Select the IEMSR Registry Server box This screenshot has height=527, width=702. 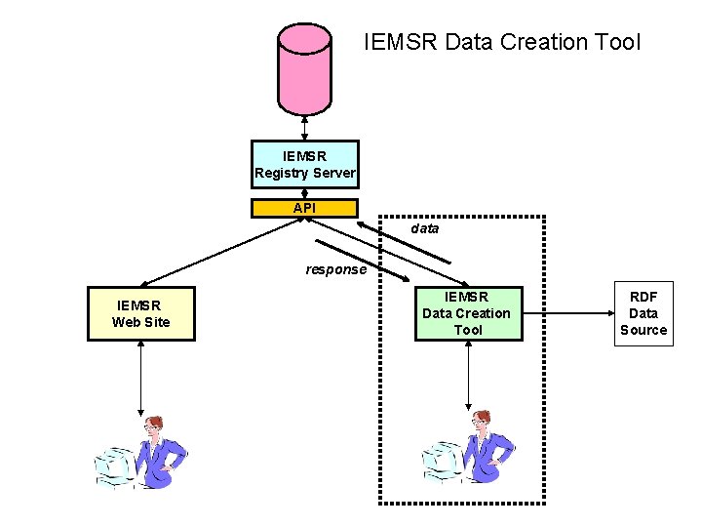pyautogui.click(x=304, y=164)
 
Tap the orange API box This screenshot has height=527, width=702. pyautogui.click(x=304, y=208)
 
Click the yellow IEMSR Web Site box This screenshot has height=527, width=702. pyautogui.click(x=141, y=313)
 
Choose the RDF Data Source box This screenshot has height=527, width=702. pyautogui.click(x=643, y=313)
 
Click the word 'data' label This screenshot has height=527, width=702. pyautogui.click(x=424, y=228)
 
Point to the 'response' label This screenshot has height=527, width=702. pyautogui.click(x=335, y=269)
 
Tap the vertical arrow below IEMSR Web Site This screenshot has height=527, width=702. pyautogui.click(x=141, y=377)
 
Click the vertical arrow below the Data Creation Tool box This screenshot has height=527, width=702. pyautogui.click(x=469, y=375)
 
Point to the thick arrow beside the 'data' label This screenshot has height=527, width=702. pyautogui.click(x=405, y=240)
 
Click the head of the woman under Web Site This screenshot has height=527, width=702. pyautogui.click(x=153, y=426)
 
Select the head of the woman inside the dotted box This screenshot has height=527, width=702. pyautogui.click(x=480, y=422)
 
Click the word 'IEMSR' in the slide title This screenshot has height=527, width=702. pyautogui.click(x=399, y=42)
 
